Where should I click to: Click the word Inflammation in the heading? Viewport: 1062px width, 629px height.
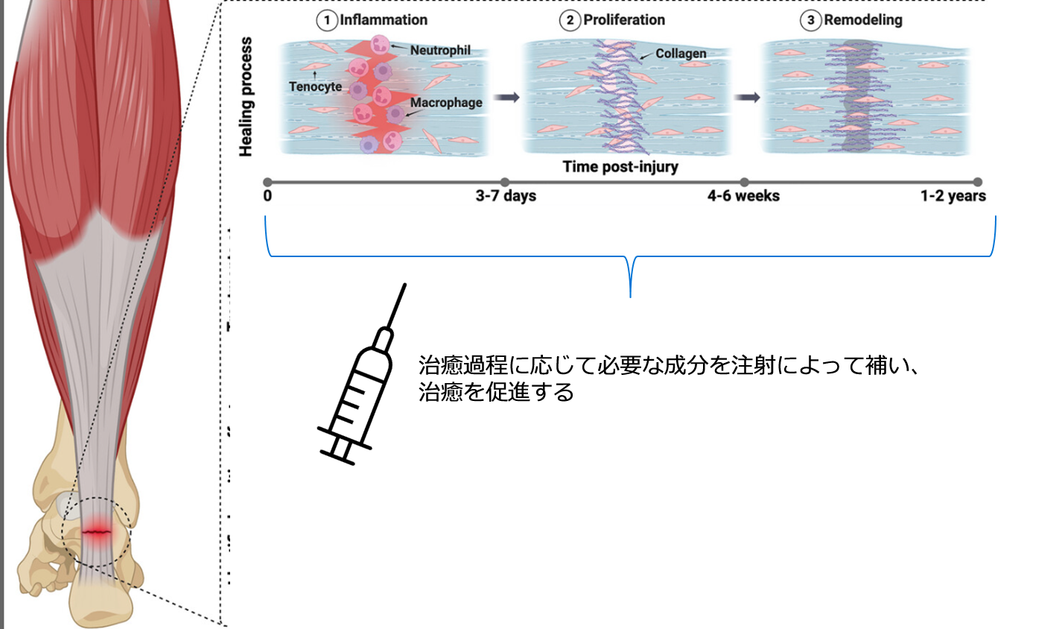coord(384,20)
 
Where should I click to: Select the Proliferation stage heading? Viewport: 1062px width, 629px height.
coord(624,20)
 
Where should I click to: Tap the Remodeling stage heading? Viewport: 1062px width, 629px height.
coord(862,20)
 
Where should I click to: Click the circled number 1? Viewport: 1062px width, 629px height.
coord(326,20)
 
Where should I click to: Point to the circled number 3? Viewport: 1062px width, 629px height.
coord(810,20)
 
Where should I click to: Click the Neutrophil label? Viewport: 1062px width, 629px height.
coord(440,50)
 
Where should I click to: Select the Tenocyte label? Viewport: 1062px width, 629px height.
coord(315,86)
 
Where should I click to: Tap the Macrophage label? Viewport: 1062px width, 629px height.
coord(446,103)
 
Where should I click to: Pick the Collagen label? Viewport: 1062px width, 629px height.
coord(681,54)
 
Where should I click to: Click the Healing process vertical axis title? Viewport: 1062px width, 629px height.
coord(246,97)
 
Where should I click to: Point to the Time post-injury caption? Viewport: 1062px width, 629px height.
coord(620,166)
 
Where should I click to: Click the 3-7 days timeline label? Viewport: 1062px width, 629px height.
coord(506,196)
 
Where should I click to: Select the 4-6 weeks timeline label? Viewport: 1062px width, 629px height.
coord(743,196)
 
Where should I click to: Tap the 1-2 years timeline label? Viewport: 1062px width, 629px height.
coord(953,196)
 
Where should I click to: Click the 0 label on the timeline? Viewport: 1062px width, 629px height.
coord(267,196)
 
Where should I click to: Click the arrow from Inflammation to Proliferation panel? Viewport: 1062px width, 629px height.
coord(506,98)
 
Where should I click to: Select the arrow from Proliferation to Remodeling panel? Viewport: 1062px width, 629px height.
coord(747,98)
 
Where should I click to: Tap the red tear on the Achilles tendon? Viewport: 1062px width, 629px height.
coord(97,531)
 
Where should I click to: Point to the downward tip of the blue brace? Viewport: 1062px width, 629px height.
coord(631,295)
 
